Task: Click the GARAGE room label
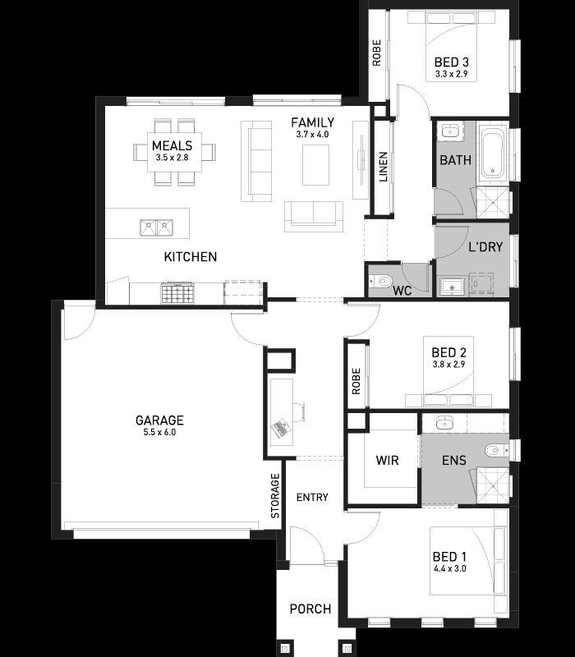(x=159, y=420)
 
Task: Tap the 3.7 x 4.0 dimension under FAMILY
(x=312, y=135)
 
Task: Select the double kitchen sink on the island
(x=156, y=227)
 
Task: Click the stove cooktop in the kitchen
(x=177, y=293)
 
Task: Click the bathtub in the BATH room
(x=491, y=154)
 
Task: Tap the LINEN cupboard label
(x=383, y=167)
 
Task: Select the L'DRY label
(x=485, y=247)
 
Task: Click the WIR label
(x=387, y=460)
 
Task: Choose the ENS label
(x=454, y=461)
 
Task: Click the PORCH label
(x=310, y=609)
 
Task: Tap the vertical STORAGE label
(x=275, y=496)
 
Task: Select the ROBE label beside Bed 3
(x=377, y=53)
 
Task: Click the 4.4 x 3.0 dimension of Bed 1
(x=449, y=568)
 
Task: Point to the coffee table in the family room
(x=315, y=165)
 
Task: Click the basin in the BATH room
(x=450, y=131)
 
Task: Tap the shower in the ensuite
(x=494, y=486)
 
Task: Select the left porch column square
(x=284, y=648)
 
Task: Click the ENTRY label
(x=312, y=498)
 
